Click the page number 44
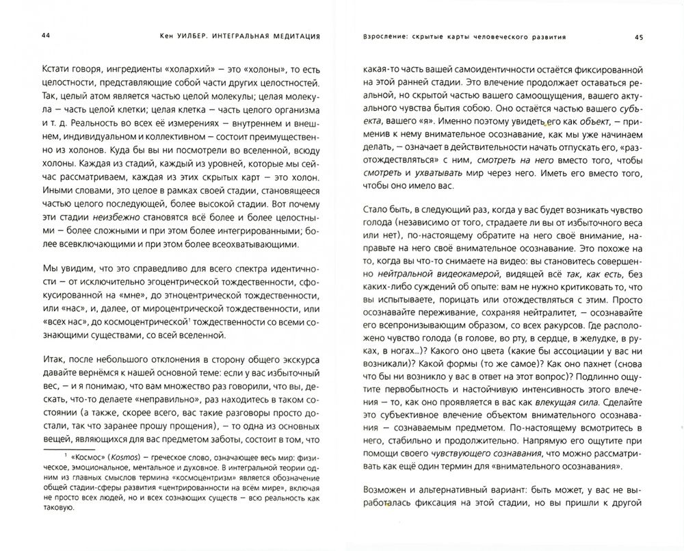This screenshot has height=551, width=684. pos(27,36)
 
